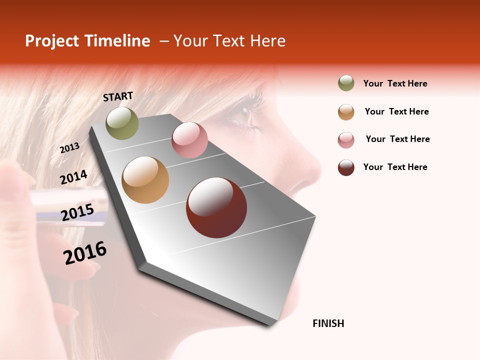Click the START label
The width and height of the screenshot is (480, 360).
coord(118,96)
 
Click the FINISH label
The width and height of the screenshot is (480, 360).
coord(328,323)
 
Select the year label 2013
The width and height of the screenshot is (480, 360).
coord(69,147)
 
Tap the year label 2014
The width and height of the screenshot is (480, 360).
coord(73,177)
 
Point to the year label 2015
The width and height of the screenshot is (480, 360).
coord(77,212)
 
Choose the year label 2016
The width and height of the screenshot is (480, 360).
coord(85,253)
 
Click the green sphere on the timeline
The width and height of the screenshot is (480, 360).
coord(122,123)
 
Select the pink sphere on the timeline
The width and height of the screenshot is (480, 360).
coord(189,140)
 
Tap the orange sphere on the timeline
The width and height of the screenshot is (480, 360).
coord(145,180)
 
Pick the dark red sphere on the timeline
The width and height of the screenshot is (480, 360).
coord(216,207)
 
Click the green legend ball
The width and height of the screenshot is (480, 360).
coord(346,83)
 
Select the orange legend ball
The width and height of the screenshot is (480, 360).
coord(346,111)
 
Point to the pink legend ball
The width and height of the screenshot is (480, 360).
coord(346,139)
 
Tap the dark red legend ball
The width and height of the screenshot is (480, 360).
coord(346,167)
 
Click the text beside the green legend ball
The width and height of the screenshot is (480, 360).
coord(395,83)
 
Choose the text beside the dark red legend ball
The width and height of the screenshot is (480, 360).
coord(395,167)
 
